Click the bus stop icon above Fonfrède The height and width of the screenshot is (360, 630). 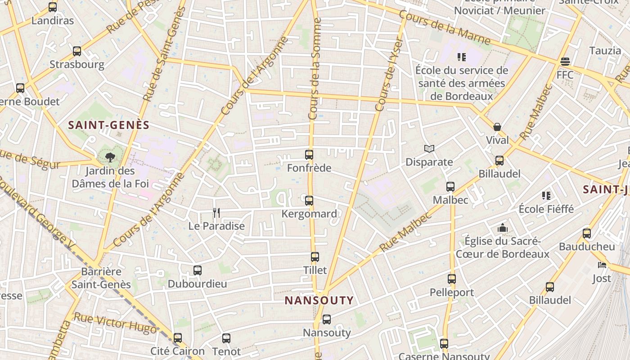[309, 155]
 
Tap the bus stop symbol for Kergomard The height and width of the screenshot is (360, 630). [309, 201]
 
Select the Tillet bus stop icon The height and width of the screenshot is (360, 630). [315, 257]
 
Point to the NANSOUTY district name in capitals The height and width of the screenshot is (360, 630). [319, 300]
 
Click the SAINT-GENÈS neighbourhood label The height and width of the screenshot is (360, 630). [108, 125]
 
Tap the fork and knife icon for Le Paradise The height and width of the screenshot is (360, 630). [216, 212]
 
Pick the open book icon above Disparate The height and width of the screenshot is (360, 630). [429, 148]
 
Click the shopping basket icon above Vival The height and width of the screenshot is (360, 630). [497, 127]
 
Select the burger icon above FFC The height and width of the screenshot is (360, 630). [565, 61]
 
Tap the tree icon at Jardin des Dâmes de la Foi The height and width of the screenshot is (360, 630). [110, 157]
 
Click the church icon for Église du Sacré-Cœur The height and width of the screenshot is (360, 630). [503, 228]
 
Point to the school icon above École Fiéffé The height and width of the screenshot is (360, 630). [546, 195]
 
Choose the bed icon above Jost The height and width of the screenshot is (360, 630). [602, 265]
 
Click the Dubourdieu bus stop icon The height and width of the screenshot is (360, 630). [198, 270]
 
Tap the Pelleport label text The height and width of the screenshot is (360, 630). [452, 292]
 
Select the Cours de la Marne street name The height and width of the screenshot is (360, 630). [445, 28]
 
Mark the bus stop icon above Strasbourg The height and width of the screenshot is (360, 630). [77, 51]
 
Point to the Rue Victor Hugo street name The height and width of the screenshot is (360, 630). [115, 323]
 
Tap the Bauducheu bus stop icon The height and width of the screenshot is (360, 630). [587, 233]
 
